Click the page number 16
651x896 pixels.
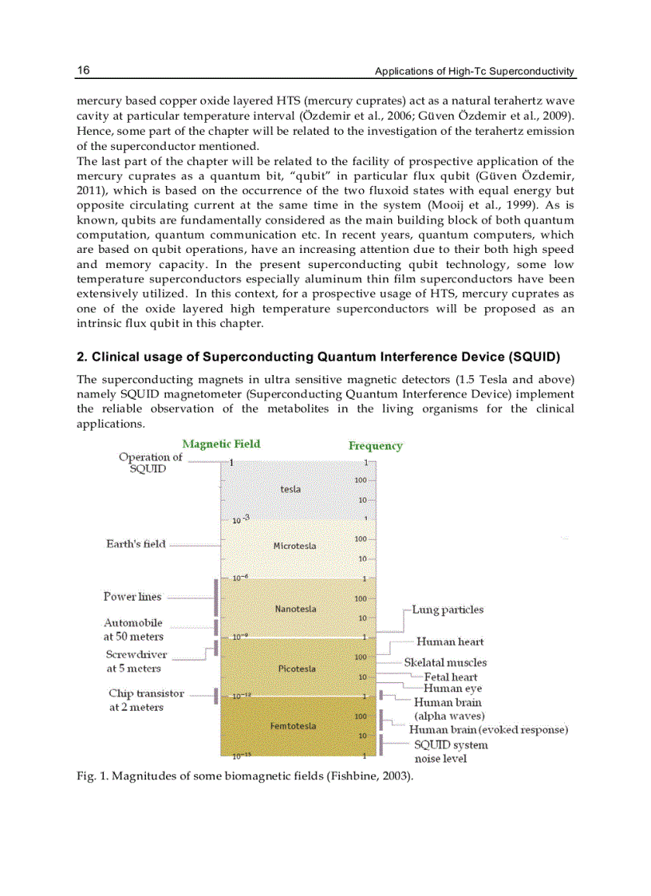(83, 70)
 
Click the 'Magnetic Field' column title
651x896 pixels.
(221, 444)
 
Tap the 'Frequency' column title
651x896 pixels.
(375, 445)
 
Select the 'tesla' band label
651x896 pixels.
(290, 489)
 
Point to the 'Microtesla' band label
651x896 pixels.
(294, 546)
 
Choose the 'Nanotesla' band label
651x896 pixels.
(295, 609)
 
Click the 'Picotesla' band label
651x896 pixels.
(297, 669)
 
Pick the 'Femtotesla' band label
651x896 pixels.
(293, 726)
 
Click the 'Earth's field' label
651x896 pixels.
(136, 544)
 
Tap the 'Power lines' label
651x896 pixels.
(132, 597)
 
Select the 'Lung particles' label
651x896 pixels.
(448, 610)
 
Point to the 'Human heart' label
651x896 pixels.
(450, 641)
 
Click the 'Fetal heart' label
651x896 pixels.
(451, 677)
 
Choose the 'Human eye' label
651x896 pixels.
(452, 688)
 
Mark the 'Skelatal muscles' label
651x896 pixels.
(445, 662)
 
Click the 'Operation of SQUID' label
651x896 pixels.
(150, 463)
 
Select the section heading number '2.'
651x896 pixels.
(81, 356)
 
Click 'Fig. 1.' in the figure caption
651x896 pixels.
(90, 776)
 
